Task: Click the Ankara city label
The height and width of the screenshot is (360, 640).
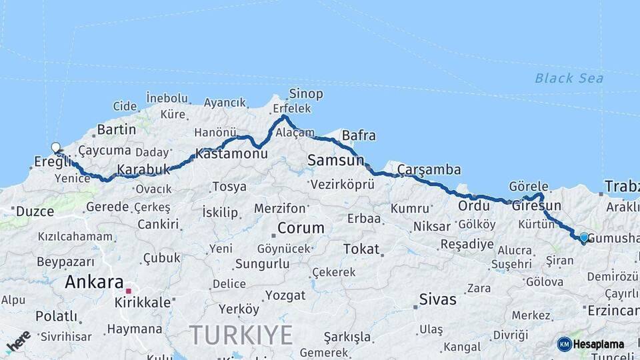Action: tap(94, 282)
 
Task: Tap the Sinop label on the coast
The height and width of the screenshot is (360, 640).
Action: tap(306, 93)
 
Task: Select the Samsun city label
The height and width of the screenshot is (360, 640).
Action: tap(335, 160)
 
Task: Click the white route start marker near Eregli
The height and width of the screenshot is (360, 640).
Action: tap(56, 147)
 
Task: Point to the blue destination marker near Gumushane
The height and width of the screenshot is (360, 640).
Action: tap(584, 237)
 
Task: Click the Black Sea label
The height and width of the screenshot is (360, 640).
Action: tap(569, 79)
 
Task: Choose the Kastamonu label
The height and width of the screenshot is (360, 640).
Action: tap(231, 153)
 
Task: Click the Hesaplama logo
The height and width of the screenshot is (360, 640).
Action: tap(591, 344)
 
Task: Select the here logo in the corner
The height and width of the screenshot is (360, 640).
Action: tap(18, 341)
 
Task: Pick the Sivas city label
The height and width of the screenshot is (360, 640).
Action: tap(438, 299)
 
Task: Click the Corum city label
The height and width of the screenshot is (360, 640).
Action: tap(301, 228)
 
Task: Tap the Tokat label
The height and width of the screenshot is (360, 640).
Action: tap(361, 249)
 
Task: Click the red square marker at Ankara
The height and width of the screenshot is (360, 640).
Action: tap(129, 291)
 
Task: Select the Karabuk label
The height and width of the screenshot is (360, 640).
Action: tap(143, 170)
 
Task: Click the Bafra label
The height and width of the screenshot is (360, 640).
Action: tap(359, 136)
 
